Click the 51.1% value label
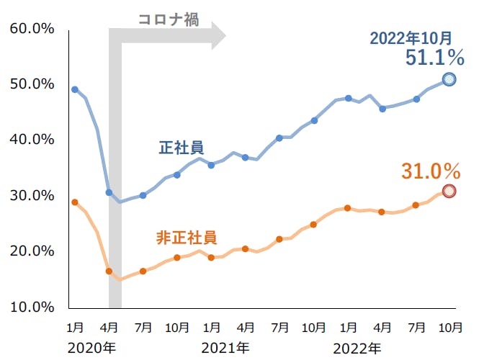point(434,58)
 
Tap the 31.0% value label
point(431,171)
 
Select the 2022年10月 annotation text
point(411,37)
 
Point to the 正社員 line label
point(181,148)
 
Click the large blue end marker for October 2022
point(449,79)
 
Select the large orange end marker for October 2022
point(449,191)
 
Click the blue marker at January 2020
point(75,89)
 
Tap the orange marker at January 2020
point(75,202)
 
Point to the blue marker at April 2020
point(109,192)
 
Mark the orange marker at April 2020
point(109,271)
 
